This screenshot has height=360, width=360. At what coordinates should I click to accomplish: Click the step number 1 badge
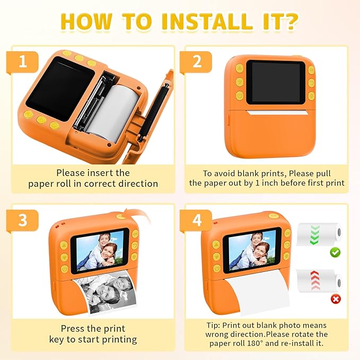coord(22,62)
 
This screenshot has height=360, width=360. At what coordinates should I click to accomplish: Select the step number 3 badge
coord(22,219)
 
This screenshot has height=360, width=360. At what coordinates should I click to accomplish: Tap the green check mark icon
coord(335,252)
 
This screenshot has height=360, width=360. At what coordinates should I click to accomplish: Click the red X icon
coord(335,299)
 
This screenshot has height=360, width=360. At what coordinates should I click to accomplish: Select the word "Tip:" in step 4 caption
coord(214,325)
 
